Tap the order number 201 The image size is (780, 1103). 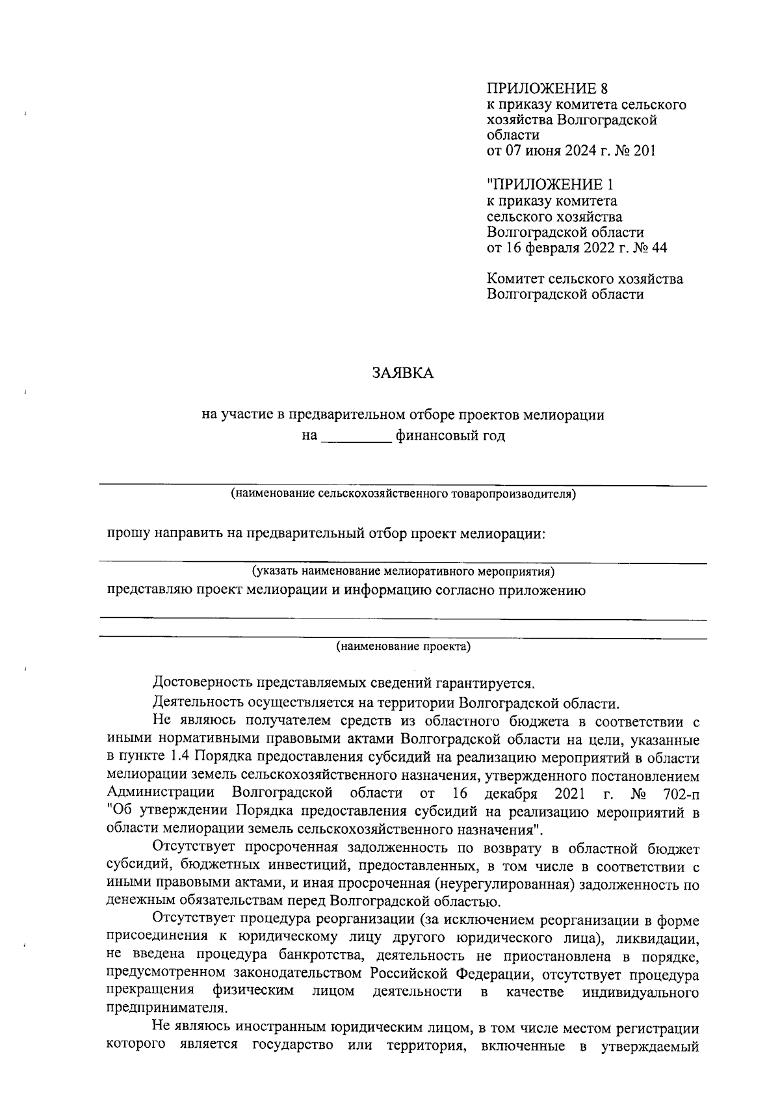643,151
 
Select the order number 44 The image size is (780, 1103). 657,247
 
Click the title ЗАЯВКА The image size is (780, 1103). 402,373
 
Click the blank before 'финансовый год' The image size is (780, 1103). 357,436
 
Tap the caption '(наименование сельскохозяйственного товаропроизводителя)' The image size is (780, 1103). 403,494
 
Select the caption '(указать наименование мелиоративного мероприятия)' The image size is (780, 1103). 403,572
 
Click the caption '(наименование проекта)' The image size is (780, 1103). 403,646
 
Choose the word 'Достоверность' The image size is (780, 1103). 200,684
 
